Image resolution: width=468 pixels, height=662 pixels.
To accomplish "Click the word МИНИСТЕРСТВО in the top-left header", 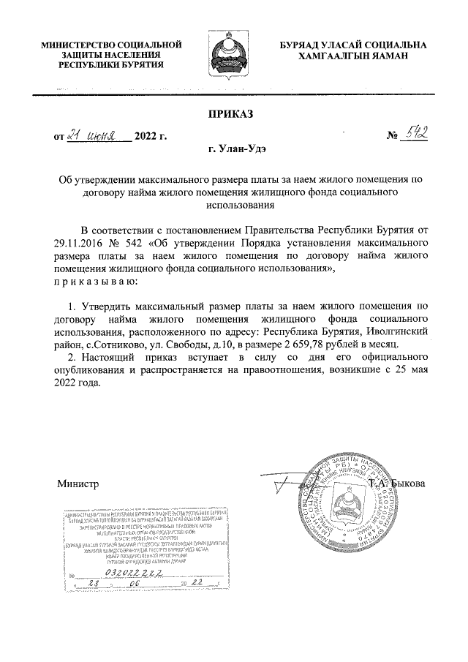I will pos(75,45).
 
